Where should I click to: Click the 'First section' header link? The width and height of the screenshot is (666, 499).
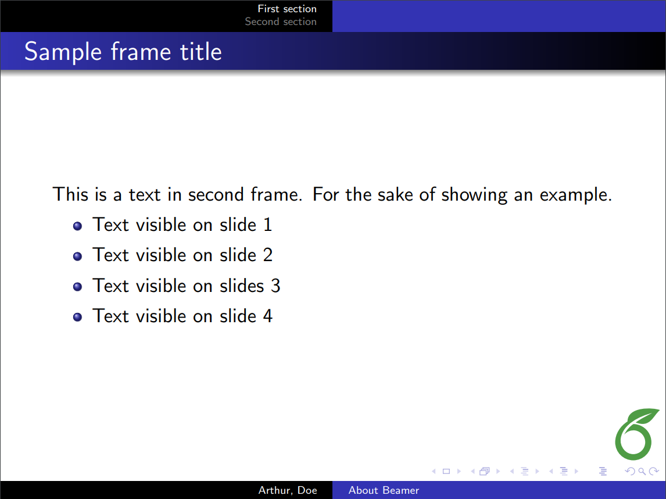tap(287, 9)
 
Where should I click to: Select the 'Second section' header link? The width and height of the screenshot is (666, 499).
tap(281, 22)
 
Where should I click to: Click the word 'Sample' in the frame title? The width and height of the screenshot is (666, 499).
tap(63, 52)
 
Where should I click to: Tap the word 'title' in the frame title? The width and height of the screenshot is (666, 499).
tap(201, 51)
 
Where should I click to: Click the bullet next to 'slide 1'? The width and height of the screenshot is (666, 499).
tap(77, 226)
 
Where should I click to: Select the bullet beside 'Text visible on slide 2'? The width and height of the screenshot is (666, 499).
tap(77, 256)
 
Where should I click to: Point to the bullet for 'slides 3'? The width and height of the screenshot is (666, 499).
tap(77, 287)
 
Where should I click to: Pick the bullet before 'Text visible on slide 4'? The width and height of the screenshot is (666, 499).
tap(77, 317)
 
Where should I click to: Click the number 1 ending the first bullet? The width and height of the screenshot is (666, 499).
tap(267, 225)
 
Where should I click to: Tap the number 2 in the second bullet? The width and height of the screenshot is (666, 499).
tap(267, 255)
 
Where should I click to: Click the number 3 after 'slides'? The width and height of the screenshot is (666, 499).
tap(275, 286)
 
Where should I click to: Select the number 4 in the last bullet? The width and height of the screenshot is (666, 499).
tap(267, 316)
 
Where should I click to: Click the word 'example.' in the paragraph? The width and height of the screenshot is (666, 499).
tap(575, 195)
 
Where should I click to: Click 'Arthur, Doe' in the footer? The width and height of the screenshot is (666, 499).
tap(288, 490)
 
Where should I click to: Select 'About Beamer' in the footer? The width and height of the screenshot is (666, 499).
tap(384, 490)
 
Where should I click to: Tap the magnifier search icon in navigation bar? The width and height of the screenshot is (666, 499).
tap(642, 471)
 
